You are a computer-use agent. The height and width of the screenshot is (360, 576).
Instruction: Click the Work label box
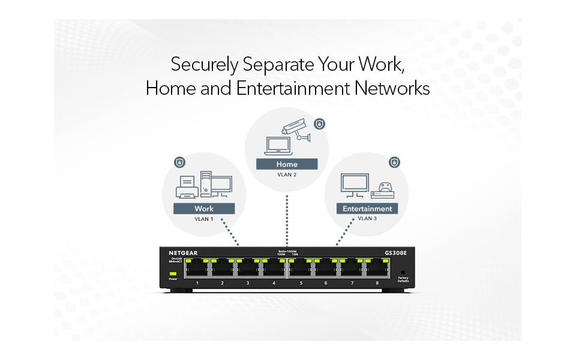[203, 209]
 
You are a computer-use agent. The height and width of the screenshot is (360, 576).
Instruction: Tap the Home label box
[287, 164]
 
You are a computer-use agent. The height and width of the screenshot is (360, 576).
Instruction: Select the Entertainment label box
[367, 209]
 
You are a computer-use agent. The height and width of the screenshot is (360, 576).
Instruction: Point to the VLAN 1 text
[203, 220]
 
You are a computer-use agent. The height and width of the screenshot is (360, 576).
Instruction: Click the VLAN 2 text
[287, 175]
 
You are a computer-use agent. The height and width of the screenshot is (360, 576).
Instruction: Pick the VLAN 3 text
[367, 219]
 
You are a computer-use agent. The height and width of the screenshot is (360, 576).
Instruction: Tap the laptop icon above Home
[278, 146]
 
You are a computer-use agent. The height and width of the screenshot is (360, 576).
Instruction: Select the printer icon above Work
[187, 187]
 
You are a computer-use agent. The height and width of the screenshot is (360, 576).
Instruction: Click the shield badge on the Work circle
[179, 162]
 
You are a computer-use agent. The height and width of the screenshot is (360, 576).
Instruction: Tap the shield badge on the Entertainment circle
[394, 162]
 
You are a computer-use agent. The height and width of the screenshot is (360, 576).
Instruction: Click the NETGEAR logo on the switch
[182, 253]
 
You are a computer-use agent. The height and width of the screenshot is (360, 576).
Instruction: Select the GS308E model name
[396, 253]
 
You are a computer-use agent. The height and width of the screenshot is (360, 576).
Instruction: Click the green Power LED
[173, 273]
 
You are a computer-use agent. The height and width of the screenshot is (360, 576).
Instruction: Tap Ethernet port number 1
[197, 270]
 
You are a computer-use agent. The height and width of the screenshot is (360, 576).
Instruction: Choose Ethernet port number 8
[377, 270]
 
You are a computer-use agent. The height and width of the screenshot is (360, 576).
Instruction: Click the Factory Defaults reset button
[403, 272]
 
